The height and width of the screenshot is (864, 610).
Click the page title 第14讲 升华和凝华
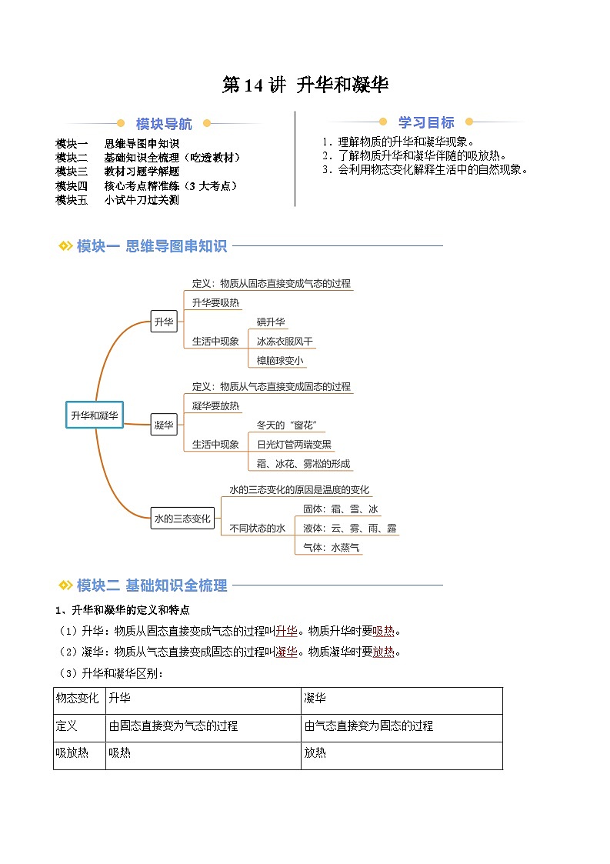coord(305,85)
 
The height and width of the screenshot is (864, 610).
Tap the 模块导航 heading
coord(164,124)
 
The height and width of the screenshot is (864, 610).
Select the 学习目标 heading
coord(426,122)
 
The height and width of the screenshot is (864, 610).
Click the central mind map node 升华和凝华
coord(95,415)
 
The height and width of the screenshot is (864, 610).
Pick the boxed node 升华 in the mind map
coord(164,322)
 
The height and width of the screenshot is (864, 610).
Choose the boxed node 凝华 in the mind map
coord(164,425)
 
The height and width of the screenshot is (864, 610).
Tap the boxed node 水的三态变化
coord(182,519)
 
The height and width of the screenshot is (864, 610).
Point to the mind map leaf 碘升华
coord(272,322)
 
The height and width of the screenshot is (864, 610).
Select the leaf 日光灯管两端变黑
coord(294,444)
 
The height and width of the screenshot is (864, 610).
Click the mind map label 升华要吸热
coord(215,302)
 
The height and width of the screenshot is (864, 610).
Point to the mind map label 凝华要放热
coord(215,405)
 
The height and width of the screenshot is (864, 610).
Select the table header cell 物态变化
coord(78,699)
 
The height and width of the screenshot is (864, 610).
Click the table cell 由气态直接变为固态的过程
coord(368,726)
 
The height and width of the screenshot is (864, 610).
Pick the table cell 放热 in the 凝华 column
coord(315,753)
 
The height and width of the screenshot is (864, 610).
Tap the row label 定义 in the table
coord(67,726)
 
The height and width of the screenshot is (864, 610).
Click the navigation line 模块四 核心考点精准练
coord(146,185)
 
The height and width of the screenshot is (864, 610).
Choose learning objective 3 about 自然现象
coord(426,169)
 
